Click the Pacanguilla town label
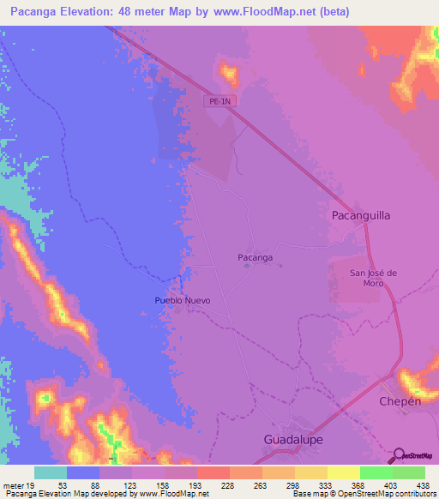point(361,216)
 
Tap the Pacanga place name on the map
point(255,257)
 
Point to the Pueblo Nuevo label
point(182,302)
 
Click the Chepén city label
point(400,401)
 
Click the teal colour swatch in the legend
point(51,472)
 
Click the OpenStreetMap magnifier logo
point(398,456)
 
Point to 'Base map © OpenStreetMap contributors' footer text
point(363,494)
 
